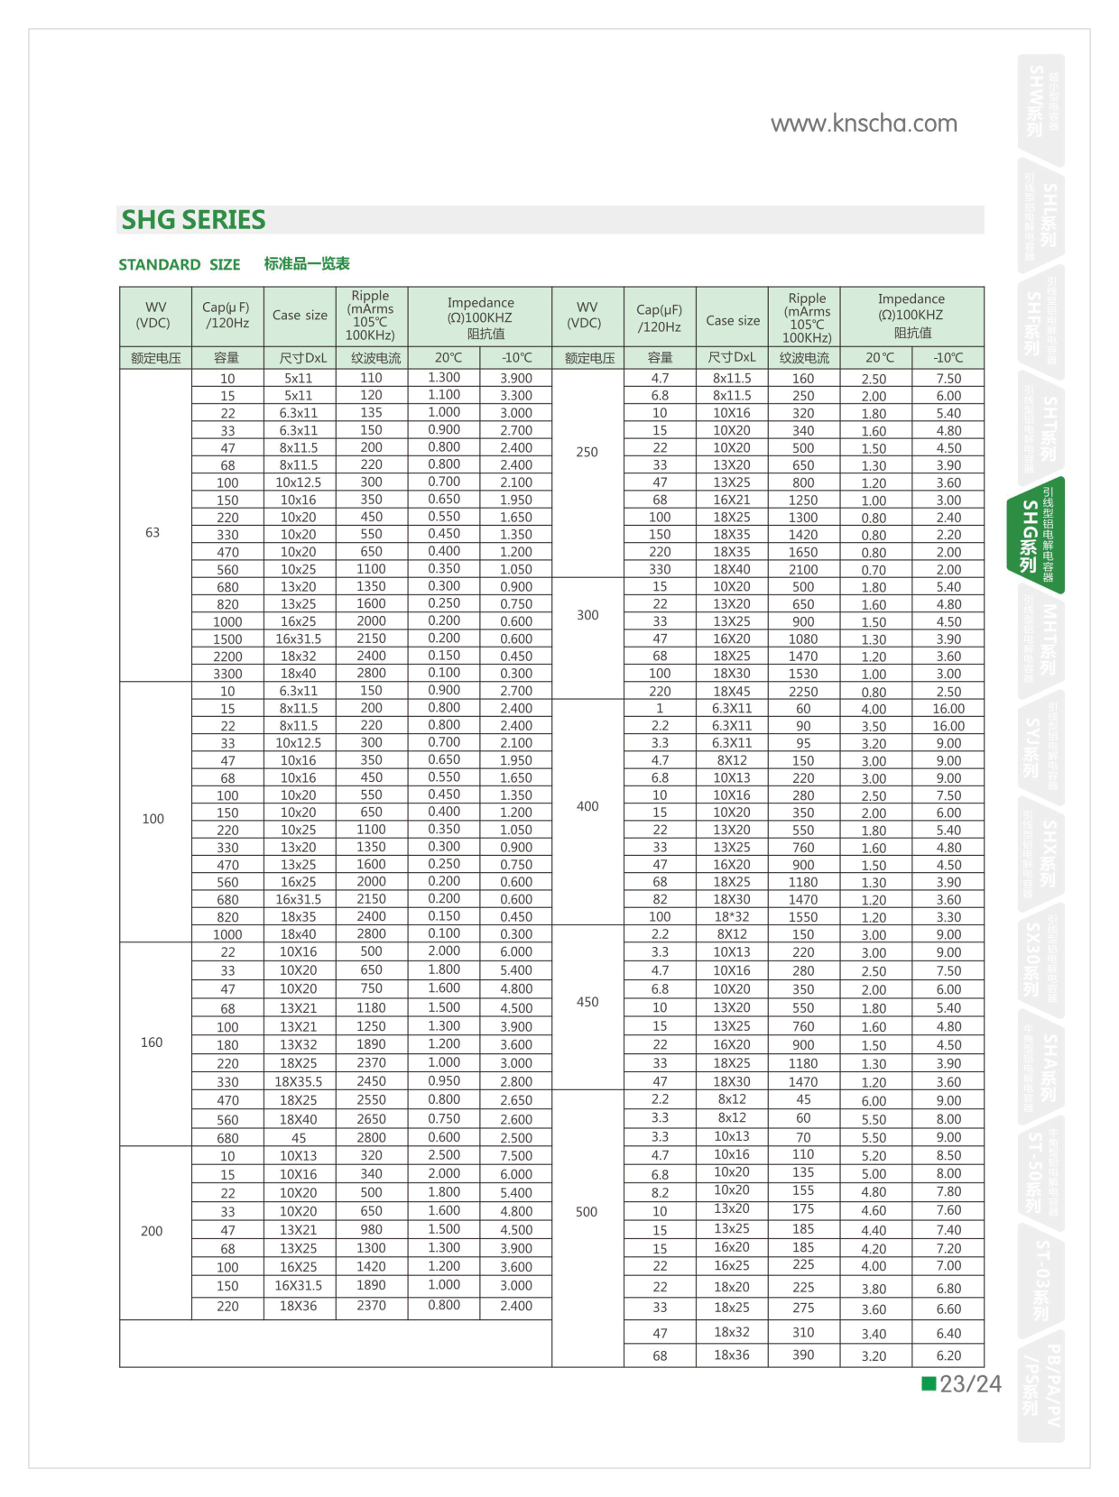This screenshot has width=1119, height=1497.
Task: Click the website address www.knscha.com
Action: point(864,124)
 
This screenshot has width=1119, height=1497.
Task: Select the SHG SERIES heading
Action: point(193,220)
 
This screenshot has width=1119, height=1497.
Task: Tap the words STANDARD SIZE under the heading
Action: point(179,264)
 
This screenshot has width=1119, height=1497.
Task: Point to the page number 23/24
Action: point(970,1384)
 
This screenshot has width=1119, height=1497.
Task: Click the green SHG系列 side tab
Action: point(1036,536)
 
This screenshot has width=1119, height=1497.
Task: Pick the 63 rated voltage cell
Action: point(153,533)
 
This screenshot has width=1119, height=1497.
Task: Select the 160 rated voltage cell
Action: point(152,1042)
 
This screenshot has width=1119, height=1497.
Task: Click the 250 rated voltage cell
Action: point(587,452)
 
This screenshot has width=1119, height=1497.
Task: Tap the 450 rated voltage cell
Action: point(587,1002)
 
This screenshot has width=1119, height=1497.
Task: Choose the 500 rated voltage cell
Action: point(587,1212)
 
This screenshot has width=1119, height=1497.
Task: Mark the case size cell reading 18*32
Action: point(732,916)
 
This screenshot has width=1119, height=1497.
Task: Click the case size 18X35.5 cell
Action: point(299,1081)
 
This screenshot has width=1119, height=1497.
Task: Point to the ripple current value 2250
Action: point(803,692)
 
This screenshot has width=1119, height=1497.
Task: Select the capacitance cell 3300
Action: point(227,674)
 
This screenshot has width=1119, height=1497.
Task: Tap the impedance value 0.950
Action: point(444,1080)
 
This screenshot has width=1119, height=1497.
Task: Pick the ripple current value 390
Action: point(803,1355)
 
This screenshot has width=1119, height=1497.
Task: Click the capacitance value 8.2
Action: point(660,1192)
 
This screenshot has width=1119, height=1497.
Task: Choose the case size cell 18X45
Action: point(732,692)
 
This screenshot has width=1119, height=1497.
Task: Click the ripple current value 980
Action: point(371,1229)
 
